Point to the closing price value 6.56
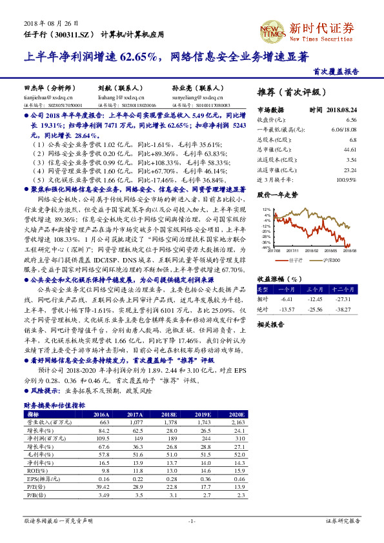[x=351, y=120]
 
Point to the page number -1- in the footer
[x=192, y=520]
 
